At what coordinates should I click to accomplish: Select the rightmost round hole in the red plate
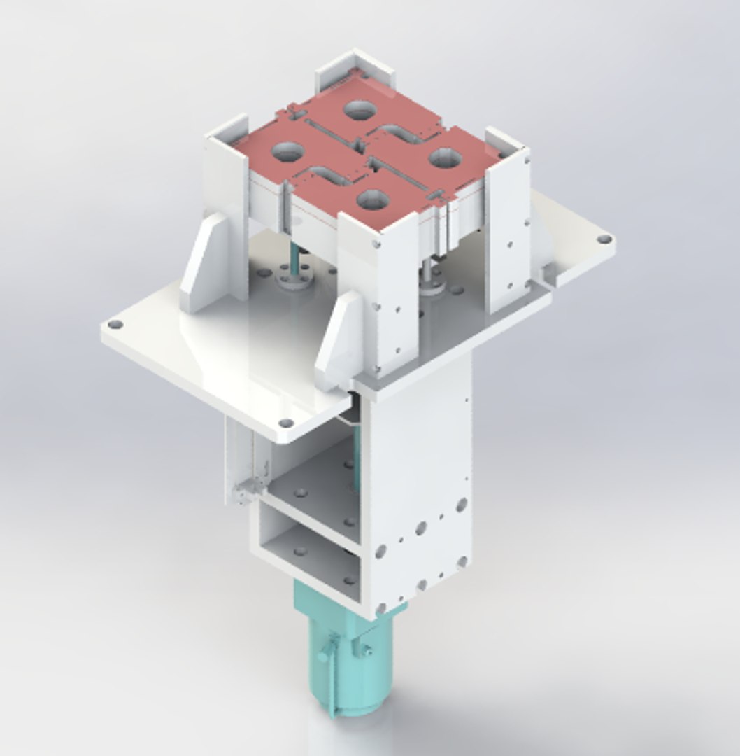tap(444, 157)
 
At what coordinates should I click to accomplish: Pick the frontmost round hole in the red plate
tap(372, 200)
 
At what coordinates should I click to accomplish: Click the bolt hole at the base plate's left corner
tap(116, 325)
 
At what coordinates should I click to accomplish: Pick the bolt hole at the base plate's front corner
tap(286, 423)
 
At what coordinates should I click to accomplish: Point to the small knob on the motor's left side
tap(323, 656)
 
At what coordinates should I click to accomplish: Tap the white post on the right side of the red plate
tap(508, 224)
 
